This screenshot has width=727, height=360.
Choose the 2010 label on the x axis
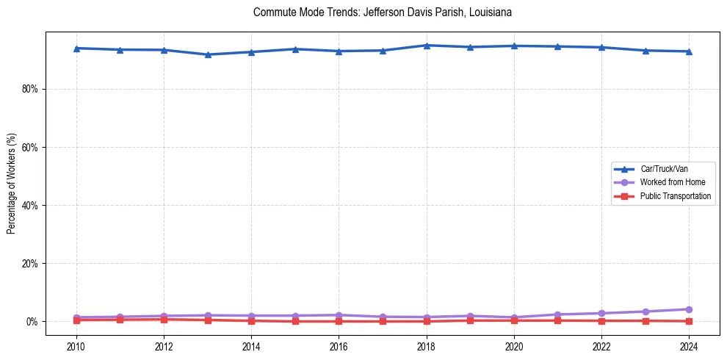[76, 346]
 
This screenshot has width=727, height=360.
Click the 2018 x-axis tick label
[427, 346]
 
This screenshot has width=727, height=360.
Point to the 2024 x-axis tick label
[689, 346]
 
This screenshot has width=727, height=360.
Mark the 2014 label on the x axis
[251, 346]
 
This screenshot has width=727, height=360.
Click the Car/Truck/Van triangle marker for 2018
[427, 46]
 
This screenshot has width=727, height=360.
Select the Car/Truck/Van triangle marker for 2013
[208, 54]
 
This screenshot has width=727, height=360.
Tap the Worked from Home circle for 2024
[689, 309]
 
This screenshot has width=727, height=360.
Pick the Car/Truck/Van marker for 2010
[76, 48]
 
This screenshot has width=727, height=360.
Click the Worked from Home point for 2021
[558, 314]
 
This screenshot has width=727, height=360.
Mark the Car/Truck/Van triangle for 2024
[689, 51]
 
